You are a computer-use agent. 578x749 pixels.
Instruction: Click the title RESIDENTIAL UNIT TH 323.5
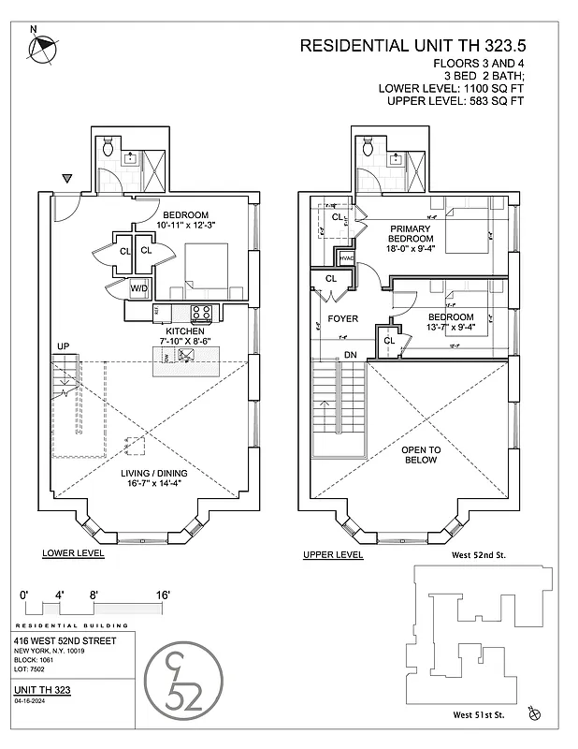coord(403,45)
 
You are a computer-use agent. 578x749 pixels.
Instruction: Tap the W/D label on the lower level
coord(138,288)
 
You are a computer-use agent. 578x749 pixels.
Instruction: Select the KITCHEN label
coord(184,331)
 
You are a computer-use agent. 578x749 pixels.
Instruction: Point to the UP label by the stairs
coord(63,346)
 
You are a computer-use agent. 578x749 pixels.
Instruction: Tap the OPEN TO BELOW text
coord(421,455)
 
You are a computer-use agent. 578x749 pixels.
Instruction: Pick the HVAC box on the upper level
coord(346,258)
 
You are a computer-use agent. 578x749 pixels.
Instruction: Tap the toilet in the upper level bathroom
coord(368,146)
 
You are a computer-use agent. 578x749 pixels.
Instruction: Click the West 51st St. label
coord(478,715)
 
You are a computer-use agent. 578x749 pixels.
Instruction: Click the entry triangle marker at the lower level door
coord(66,178)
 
